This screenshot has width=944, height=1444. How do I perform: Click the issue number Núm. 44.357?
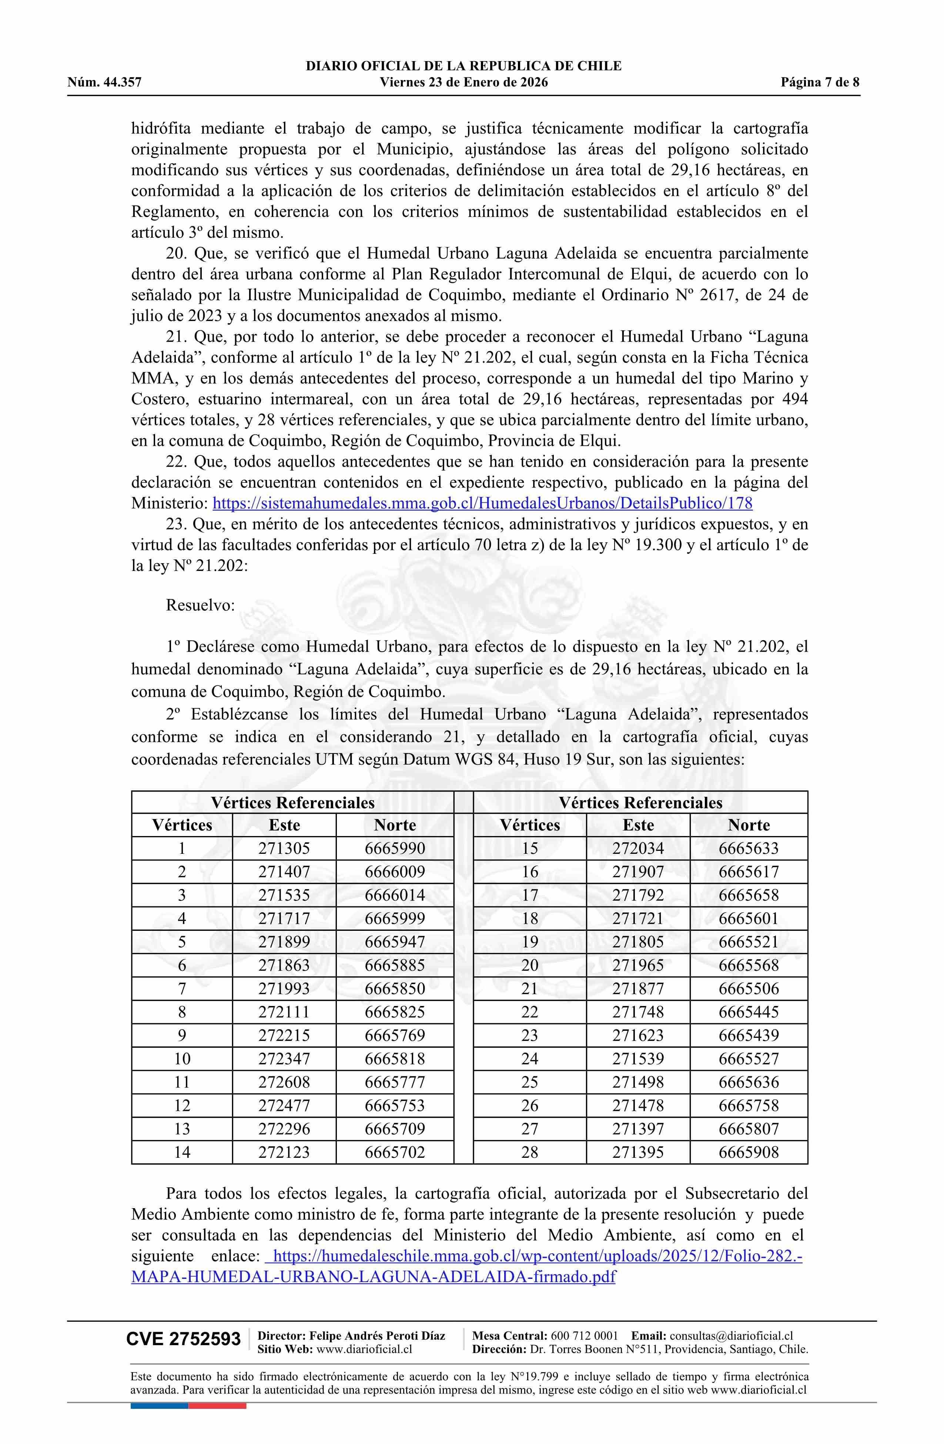(104, 83)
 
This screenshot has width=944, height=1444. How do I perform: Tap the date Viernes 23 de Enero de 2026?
(463, 83)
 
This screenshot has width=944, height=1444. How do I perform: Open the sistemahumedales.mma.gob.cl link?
(483, 503)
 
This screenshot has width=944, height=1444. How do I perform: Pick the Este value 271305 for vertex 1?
(284, 848)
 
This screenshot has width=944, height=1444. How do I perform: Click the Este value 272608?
(284, 1082)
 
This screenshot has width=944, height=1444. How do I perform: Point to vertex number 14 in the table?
(182, 1152)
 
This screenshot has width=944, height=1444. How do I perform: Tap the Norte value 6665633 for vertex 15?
(749, 848)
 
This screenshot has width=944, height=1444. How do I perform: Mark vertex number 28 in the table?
(530, 1152)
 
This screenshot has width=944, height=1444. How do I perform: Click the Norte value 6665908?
(749, 1152)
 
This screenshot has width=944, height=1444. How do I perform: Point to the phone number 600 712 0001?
(584, 1336)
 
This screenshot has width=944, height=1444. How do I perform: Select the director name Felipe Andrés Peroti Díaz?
(377, 1336)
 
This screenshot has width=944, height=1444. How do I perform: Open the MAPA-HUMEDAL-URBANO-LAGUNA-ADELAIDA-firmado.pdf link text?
(373, 1277)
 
